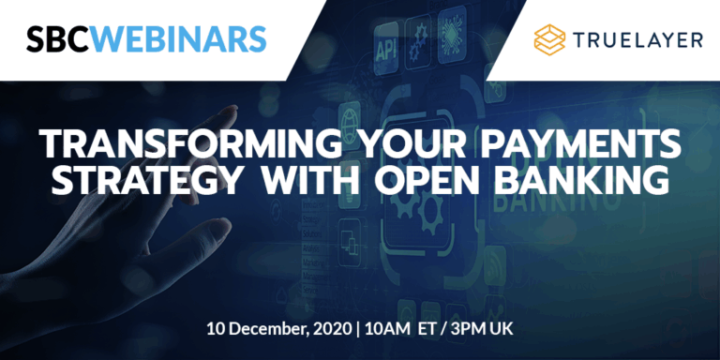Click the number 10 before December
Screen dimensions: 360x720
pos(217,331)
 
